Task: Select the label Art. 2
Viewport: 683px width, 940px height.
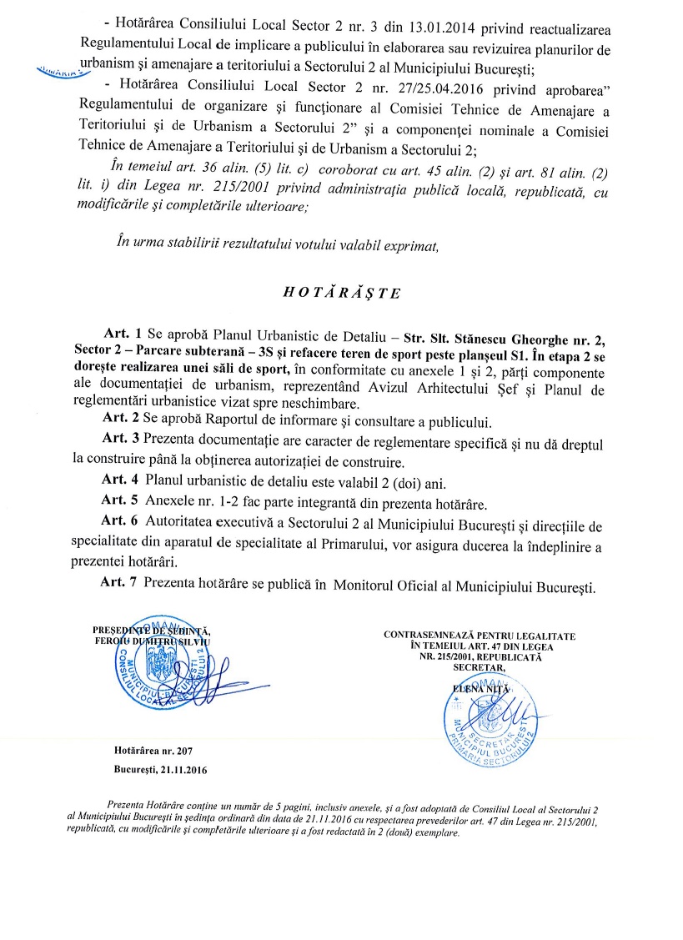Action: pyautogui.click(x=119, y=419)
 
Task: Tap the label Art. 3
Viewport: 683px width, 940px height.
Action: pyautogui.click(x=119, y=439)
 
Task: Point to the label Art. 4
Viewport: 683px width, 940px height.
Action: pyautogui.click(x=119, y=480)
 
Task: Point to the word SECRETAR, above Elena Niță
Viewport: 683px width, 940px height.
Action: pyautogui.click(x=480, y=668)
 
